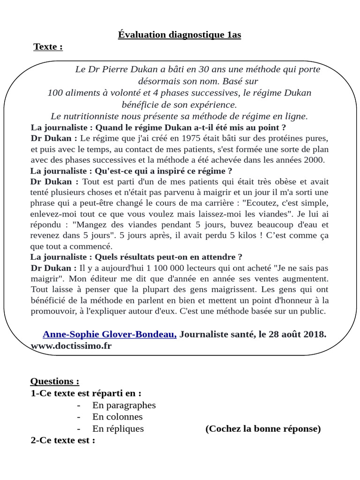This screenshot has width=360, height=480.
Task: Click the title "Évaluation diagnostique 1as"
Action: pyautogui.click(x=180, y=35)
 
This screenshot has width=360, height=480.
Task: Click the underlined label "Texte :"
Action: pyautogui.click(x=48, y=47)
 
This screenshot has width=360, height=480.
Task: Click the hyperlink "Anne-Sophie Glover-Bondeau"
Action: pyautogui.click(x=110, y=334)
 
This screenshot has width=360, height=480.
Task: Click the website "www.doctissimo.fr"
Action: pyautogui.click(x=71, y=345)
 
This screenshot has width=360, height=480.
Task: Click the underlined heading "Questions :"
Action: pyautogui.click(x=55, y=381)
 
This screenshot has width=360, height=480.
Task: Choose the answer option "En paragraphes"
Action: pyautogui.click(x=124, y=405)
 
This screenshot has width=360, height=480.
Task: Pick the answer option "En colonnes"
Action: pyautogui.click(x=117, y=417)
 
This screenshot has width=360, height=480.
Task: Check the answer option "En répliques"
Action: pyautogui.click(x=118, y=428)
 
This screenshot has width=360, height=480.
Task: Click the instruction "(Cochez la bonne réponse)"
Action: pyautogui.click(x=263, y=428)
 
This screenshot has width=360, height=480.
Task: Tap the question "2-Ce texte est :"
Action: pyautogui.click(x=63, y=441)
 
